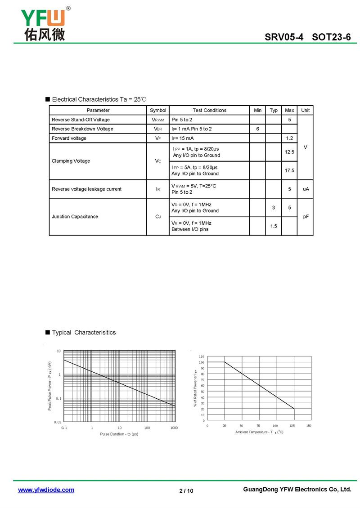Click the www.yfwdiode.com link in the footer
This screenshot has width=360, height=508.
(46, 490)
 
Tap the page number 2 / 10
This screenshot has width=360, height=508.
(186, 490)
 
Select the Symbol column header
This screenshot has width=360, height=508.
(158, 110)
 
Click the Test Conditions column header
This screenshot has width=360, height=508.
(209, 110)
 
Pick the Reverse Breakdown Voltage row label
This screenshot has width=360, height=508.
(82, 129)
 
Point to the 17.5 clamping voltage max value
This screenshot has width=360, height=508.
(289, 171)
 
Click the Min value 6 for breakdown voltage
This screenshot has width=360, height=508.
(257, 129)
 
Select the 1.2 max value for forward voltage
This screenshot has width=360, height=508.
(289, 138)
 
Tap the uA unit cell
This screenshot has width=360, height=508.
(306, 189)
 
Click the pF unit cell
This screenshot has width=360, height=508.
(306, 217)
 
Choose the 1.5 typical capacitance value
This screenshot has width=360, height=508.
(274, 226)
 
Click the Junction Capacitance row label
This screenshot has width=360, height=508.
(75, 217)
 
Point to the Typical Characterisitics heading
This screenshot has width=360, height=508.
(84, 333)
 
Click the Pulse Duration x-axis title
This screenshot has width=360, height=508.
(119, 434)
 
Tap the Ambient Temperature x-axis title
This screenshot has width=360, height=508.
(259, 432)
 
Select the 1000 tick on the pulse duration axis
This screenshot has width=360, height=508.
(174, 428)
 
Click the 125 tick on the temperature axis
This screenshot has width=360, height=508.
(292, 425)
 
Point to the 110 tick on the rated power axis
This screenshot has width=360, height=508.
(202, 356)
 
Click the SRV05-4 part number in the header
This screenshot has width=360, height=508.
(284, 37)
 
